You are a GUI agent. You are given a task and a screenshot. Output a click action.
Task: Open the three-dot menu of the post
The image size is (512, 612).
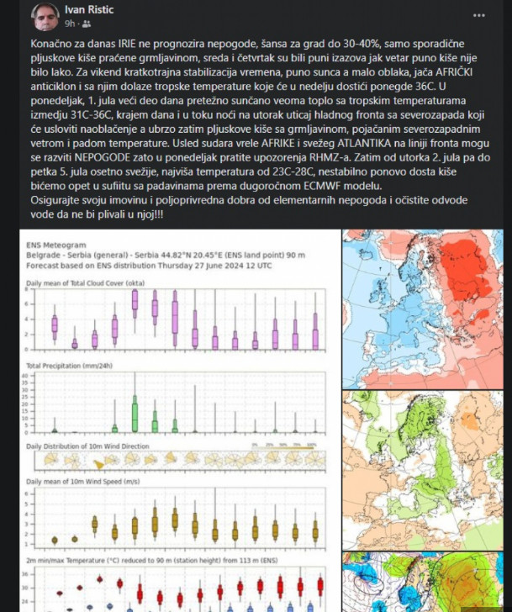(x=478, y=14)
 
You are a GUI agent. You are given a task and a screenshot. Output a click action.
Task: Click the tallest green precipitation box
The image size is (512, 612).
(x=135, y=415)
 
